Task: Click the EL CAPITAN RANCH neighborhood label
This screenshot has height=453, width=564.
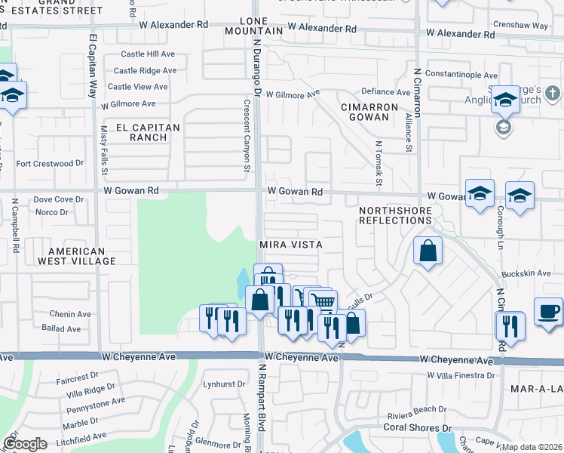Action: click(148, 133)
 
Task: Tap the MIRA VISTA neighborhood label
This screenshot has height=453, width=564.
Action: click(290, 245)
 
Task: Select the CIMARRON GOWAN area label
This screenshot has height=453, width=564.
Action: click(369, 112)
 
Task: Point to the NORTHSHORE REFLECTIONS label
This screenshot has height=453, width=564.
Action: click(395, 214)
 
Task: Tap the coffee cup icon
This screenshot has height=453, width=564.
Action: click(548, 310)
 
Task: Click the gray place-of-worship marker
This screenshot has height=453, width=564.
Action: click(503, 126)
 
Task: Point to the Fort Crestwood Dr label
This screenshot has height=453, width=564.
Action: click(50, 163)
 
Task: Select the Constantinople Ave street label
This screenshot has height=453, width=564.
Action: click(461, 75)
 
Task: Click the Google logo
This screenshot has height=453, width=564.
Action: click(25, 444)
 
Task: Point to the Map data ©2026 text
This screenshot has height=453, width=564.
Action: click(531, 447)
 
